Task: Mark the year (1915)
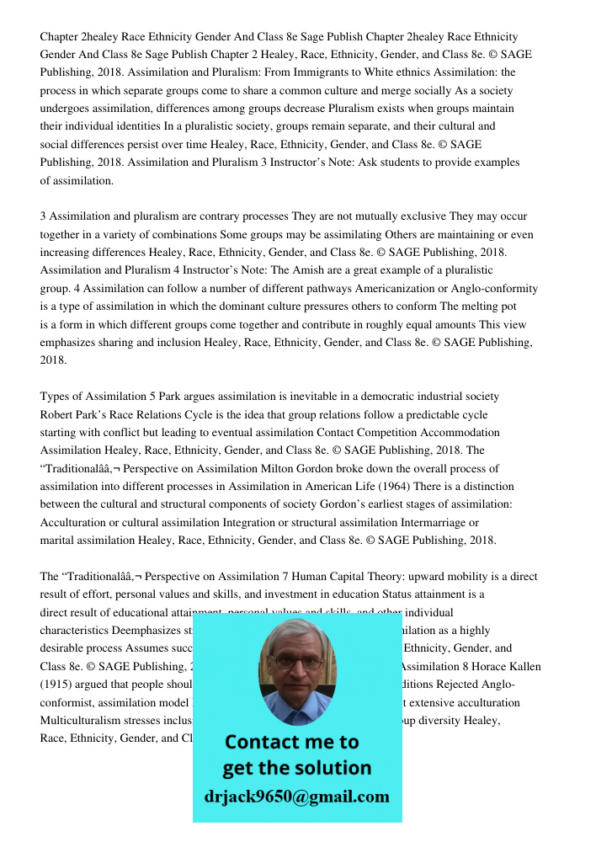click(56, 685)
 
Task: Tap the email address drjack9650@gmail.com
click(297, 797)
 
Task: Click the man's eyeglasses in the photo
click(297, 662)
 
